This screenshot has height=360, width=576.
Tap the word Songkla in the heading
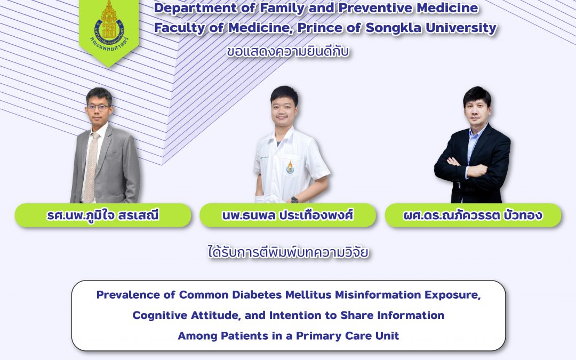click(393, 28)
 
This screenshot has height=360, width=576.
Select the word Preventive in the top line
click(374, 7)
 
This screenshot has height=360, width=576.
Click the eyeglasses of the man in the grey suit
click(98, 108)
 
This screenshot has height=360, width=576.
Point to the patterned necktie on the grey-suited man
click(91, 167)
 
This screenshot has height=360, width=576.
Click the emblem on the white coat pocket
click(290, 167)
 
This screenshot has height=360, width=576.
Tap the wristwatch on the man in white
click(294, 200)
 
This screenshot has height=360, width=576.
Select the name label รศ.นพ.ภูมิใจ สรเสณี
click(103, 215)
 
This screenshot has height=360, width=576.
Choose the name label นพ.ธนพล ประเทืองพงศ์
click(287, 215)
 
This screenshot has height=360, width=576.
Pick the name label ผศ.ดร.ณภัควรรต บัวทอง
click(473, 215)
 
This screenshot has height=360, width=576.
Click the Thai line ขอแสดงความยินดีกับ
click(287, 51)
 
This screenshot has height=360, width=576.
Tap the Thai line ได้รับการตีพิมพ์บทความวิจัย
click(288, 252)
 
